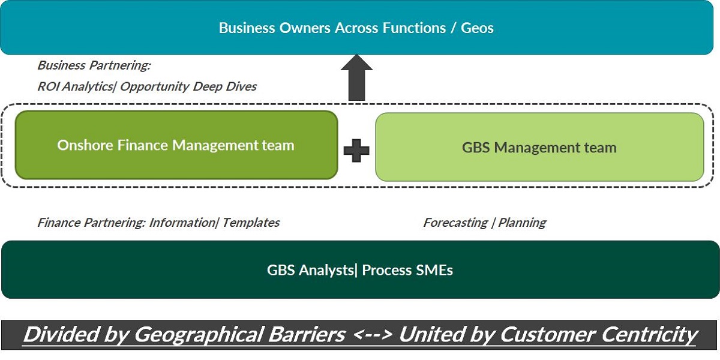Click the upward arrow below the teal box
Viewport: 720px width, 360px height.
coord(356,77)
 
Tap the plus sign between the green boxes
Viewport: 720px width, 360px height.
coord(356,151)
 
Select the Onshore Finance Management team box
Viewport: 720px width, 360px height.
coord(176,145)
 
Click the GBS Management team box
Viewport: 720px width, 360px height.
coord(539,147)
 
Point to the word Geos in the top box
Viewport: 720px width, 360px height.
coord(478,28)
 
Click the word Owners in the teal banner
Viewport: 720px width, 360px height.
coord(305,28)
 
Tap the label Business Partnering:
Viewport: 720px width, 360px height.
coord(94,65)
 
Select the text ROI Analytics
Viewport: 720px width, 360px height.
coord(75,86)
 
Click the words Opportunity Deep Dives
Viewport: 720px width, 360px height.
coord(188,86)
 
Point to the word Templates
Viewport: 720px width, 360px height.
coord(251,223)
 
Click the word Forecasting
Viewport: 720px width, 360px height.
coord(455,223)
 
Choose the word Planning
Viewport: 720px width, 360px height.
coord(522,223)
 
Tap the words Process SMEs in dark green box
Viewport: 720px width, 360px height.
coord(407,270)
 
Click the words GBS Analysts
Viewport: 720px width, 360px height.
coord(310,270)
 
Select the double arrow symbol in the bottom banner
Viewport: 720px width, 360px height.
coord(373,335)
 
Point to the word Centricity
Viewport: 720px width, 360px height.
coord(649,335)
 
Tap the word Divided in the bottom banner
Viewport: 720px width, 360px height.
coord(61,334)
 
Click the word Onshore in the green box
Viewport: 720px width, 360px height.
coord(85,145)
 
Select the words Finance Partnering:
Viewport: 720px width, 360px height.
coord(92,223)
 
